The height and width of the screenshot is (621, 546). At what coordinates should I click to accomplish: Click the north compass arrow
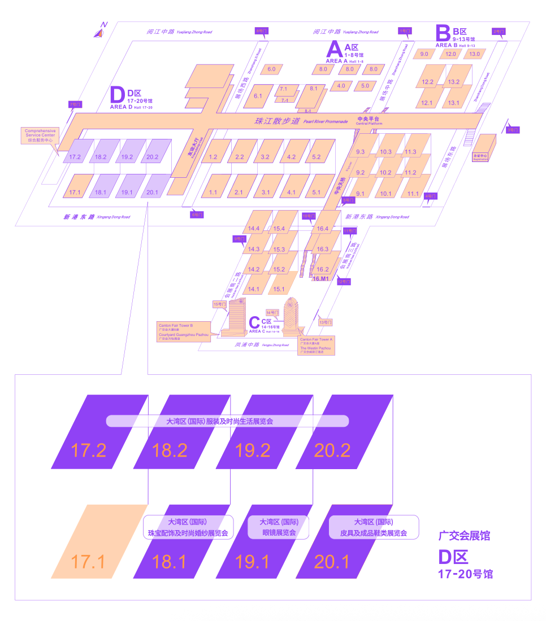(x=100, y=32)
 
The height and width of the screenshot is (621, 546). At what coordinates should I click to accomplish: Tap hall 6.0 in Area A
(x=271, y=69)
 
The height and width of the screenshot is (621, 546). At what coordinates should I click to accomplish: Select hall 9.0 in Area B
(x=424, y=54)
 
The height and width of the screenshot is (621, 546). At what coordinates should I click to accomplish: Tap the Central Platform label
(x=369, y=121)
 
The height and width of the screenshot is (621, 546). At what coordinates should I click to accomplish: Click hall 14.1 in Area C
(x=253, y=289)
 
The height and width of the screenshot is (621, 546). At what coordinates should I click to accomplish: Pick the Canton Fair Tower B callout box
(x=184, y=330)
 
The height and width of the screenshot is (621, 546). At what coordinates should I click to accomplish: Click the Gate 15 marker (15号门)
(x=219, y=304)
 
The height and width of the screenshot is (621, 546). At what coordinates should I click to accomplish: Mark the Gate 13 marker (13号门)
(x=326, y=322)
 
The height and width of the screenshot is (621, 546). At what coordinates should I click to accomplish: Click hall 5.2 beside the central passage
(x=316, y=157)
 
